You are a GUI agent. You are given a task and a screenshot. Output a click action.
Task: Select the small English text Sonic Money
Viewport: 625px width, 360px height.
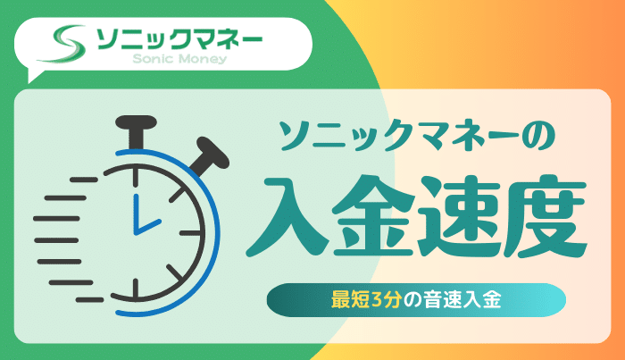point(179,61)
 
